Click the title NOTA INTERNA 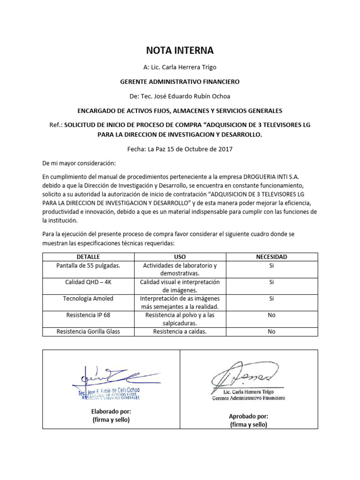(180, 50)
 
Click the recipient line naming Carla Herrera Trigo (180, 67)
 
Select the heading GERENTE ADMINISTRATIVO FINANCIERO (180, 82)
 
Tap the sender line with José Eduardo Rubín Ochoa (180, 96)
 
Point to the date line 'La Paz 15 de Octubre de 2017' (180, 149)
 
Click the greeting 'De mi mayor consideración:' (78, 164)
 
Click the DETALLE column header (88, 257)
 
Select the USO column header (180, 257)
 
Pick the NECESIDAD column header (271, 257)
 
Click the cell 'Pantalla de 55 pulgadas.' (88, 265)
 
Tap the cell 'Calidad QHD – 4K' (88, 282)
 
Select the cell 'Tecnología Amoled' (88, 299)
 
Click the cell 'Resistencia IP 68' (88, 315)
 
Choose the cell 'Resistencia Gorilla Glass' (88, 331)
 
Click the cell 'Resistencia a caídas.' (180, 331)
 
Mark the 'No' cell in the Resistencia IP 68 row (271, 315)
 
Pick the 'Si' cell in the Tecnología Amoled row (271, 299)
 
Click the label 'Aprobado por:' (248, 416)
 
